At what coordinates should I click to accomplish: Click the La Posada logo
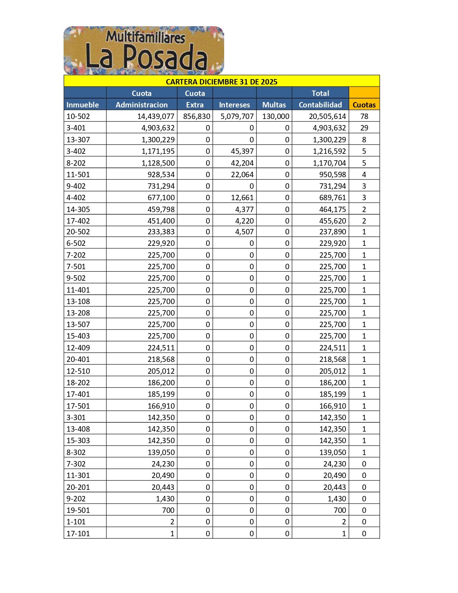[x=144, y=50]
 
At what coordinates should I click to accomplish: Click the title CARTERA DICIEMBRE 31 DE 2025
[x=222, y=82]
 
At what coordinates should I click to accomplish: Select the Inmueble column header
[x=83, y=105]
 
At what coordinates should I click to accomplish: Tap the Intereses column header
[x=234, y=105]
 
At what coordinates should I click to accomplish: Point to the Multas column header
[x=274, y=105]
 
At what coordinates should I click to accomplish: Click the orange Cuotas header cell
[x=364, y=105]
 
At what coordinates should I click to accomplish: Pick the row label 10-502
[x=78, y=116]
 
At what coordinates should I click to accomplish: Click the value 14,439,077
[x=156, y=116]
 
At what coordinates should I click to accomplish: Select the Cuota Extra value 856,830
[x=196, y=116]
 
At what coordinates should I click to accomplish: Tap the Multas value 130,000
[x=276, y=116]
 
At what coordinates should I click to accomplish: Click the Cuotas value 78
[x=364, y=116]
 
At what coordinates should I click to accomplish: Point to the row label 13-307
[x=78, y=140]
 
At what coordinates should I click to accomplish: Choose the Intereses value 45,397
[x=242, y=151]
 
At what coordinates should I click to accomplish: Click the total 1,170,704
[x=329, y=163]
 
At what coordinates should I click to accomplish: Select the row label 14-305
[x=78, y=210]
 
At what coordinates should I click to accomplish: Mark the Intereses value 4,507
[x=244, y=232]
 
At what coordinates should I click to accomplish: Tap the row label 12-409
[x=78, y=348]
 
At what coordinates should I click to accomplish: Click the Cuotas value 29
[x=364, y=128]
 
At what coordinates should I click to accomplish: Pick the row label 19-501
[x=78, y=510]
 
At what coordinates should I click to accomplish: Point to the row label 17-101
[x=78, y=534]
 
